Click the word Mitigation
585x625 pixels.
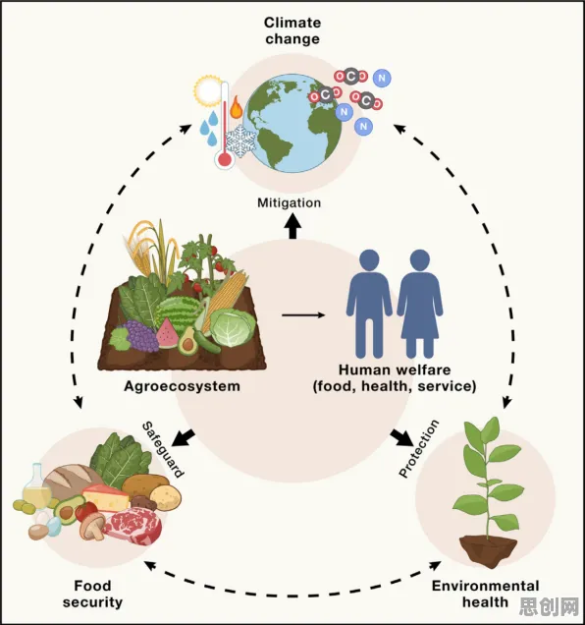[290, 202]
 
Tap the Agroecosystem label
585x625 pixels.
[182, 386]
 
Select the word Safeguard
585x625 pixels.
[163, 449]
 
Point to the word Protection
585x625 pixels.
[419, 448]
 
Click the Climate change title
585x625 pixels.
[292, 30]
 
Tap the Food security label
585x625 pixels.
[92, 594]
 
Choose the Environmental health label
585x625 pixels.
[486, 594]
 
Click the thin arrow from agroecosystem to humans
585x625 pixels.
[303, 315]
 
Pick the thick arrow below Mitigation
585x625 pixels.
[292, 226]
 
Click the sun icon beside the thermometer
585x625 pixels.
[207, 90]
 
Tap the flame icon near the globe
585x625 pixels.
[236, 107]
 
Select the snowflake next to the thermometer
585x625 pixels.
[240, 142]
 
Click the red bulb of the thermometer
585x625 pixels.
[225, 159]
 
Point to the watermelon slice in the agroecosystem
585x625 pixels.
[167, 334]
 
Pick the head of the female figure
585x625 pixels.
[419, 260]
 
